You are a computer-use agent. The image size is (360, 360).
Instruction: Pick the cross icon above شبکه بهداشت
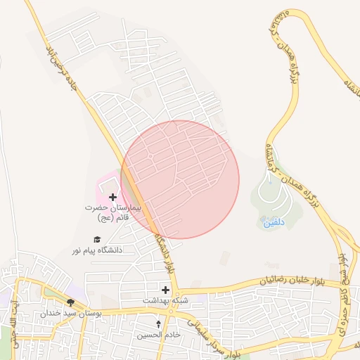pyautogui.click(x=165, y=289)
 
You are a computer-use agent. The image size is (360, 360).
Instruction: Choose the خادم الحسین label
pyautogui.click(x=159, y=335)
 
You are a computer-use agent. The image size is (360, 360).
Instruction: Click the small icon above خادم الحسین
pyautogui.click(x=159, y=324)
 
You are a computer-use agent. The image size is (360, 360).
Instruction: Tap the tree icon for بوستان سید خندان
pyautogui.click(x=70, y=302)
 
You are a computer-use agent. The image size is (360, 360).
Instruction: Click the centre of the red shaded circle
pyautogui.click(x=180, y=179)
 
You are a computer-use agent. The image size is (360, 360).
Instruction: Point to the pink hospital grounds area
pyautogui.click(x=108, y=184)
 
